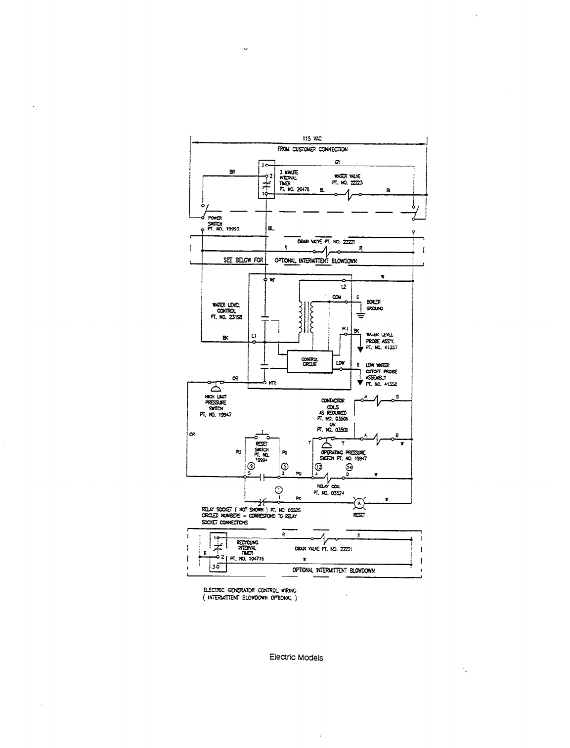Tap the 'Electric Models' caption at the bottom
tap(296, 658)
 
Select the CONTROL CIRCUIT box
tap(309, 362)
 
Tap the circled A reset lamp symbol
tap(359, 503)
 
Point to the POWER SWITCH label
tap(215, 220)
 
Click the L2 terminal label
tap(344, 287)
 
